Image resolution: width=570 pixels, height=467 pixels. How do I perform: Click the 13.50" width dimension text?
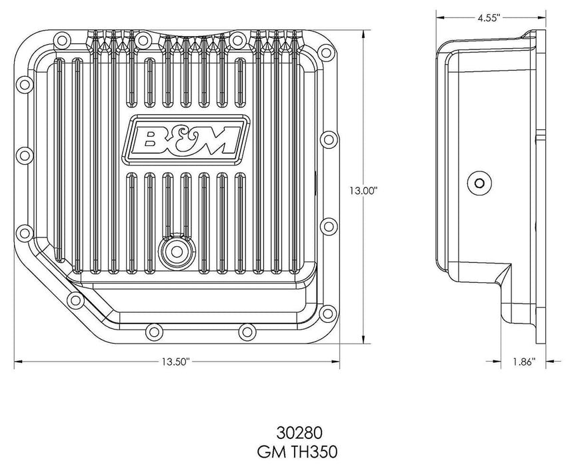click(175, 362)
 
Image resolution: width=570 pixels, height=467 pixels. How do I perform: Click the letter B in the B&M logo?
click(149, 139)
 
